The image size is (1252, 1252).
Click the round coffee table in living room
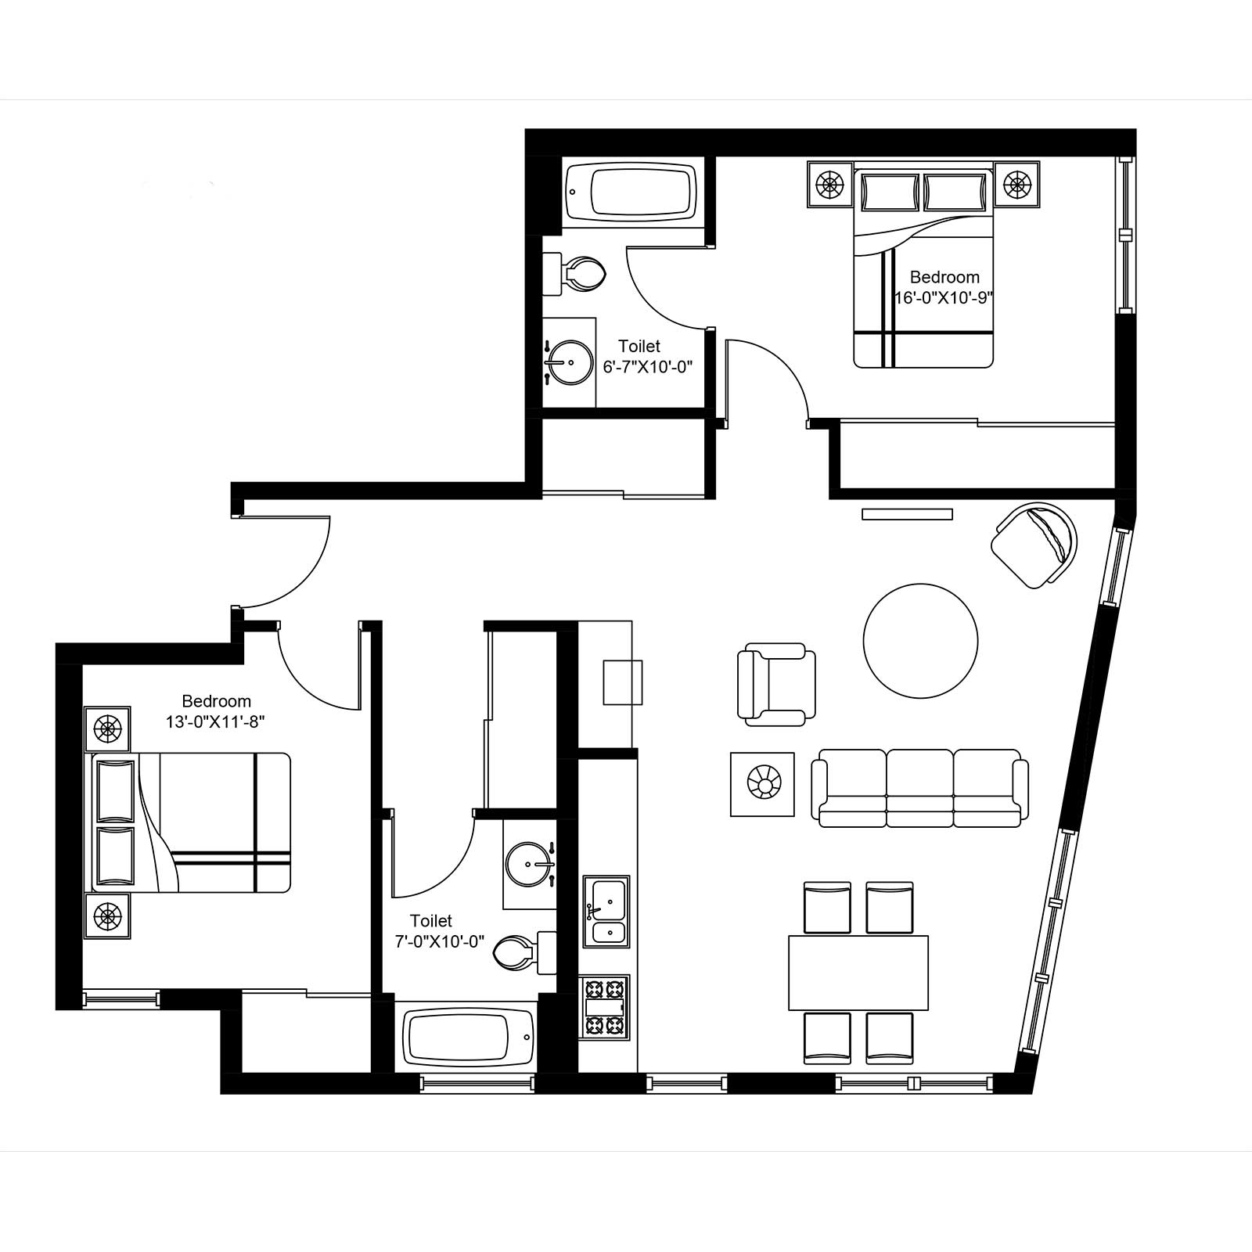tap(920, 641)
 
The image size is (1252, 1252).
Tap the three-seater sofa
tap(919, 787)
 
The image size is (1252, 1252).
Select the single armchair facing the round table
tap(776, 685)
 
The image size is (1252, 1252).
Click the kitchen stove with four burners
tap(604, 1007)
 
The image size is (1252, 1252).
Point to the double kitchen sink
tap(605, 912)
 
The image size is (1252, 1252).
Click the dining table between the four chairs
tap(858, 973)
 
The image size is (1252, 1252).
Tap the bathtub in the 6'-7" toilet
tap(631, 192)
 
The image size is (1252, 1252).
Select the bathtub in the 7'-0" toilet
tap(468, 1037)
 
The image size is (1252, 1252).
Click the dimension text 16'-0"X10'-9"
tap(944, 298)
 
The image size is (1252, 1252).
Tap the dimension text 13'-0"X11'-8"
tap(216, 722)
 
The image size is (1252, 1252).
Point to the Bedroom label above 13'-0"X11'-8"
tap(216, 701)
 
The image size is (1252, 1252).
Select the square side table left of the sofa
tap(762, 784)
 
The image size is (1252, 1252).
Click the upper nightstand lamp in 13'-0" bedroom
tap(107, 729)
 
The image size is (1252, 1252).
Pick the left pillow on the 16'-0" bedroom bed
tap(889, 192)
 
